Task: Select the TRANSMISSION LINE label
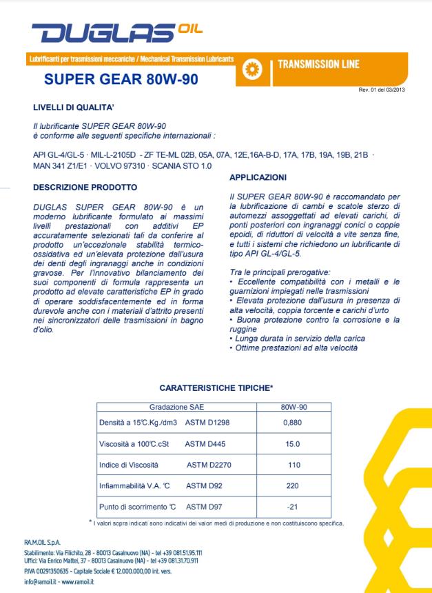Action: (x=318, y=65)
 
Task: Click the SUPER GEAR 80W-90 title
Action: (x=121, y=79)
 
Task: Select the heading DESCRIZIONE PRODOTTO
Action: (x=85, y=187)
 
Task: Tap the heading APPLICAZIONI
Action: (x=258, y=177)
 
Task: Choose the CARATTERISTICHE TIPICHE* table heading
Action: (x=216, y=388)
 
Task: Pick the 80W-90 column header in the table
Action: (x=294, y=407)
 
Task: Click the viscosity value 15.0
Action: (x=294, y=444)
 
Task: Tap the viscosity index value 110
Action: (x=294, y=465)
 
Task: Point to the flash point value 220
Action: (x=294, y=485)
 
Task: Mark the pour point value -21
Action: (x=294, y=507)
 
